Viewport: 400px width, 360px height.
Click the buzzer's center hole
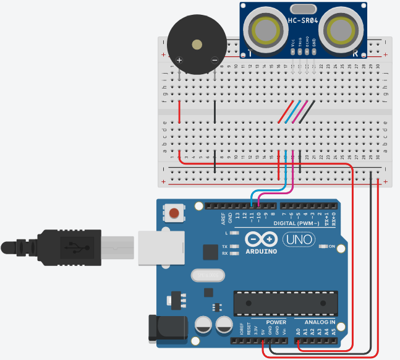197,45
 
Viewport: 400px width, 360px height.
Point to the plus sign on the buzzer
179,60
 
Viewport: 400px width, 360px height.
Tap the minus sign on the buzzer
214,60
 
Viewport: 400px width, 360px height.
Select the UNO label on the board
299,239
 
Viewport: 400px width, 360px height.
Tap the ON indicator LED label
332,247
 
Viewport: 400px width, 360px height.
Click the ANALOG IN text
320,322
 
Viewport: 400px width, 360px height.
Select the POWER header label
276,322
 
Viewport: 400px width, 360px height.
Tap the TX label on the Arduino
225,246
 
